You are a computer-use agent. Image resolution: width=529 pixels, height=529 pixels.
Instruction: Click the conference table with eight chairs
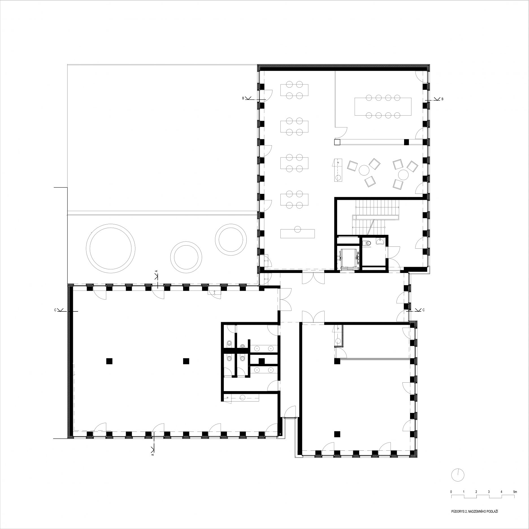[x=383, y=106]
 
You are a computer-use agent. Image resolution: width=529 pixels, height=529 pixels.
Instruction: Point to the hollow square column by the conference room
[x=337, y=142]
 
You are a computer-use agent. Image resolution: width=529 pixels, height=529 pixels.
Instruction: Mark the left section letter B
[x=243, y=98]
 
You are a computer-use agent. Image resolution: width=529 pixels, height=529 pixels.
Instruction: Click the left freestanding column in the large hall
[x=109, y=361]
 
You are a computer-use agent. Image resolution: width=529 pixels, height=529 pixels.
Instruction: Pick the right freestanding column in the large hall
[x=186, y=361]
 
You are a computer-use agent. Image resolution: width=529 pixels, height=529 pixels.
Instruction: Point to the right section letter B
[x=442, y=99]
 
